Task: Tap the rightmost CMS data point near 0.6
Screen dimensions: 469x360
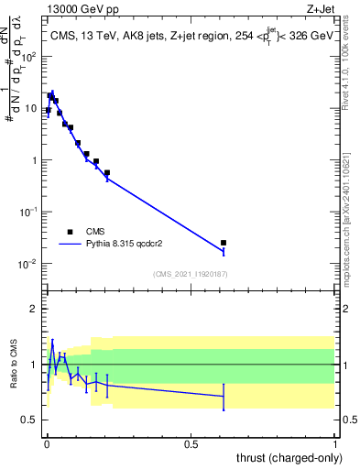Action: tap(224, 243)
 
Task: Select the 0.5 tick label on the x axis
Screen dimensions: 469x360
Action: tap(191, 444)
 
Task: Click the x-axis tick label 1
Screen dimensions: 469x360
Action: tap(335, 444)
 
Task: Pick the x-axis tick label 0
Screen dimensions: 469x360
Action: tap(47, 444)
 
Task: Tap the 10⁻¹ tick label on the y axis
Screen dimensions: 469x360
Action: tap(29, 212)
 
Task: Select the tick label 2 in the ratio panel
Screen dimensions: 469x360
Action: tap(34, 309)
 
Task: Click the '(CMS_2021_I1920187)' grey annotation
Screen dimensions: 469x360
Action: tap(190, 273)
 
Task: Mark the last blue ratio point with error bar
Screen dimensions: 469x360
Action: tap(224, 397)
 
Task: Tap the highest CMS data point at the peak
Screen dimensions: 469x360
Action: tap(51, 95)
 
